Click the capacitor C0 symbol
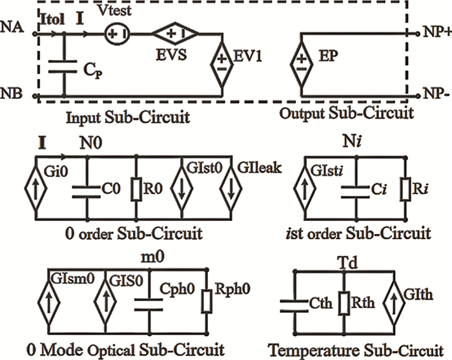85,188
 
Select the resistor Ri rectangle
406,188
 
